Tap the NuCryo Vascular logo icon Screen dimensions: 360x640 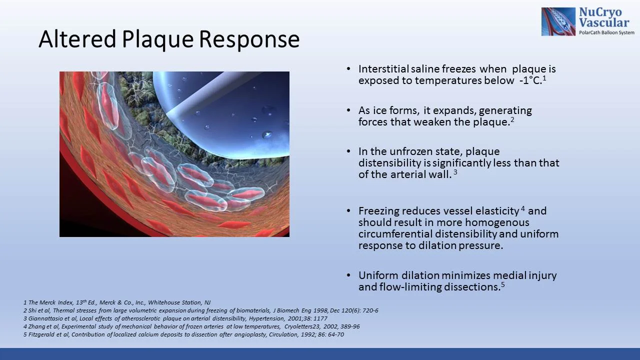(558, 21)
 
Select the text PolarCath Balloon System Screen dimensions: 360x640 (606, 32)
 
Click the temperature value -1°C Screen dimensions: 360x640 (529, 81)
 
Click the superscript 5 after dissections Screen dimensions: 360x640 (502, 284)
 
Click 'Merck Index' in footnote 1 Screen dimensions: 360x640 (52, 303)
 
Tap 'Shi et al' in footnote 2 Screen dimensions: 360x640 (38, 310)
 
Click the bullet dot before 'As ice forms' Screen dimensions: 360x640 (348, 110)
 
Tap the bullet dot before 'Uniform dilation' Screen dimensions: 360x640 (348, 275)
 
